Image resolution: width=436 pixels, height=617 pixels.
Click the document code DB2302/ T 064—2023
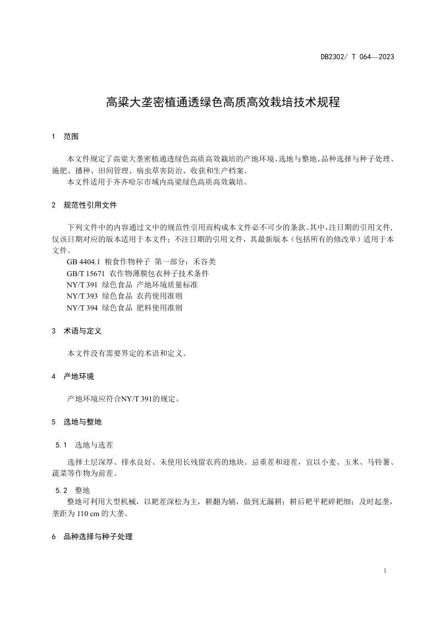pyautogui.click(x=357, y=57)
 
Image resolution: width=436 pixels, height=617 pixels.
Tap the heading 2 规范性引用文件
pyautogui.click(x=84, y=205)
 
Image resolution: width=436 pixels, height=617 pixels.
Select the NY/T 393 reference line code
pyautogui.click(x=82, y=296)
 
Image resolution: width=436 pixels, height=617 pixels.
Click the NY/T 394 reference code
pyautogui.click(x=82, y=308)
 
